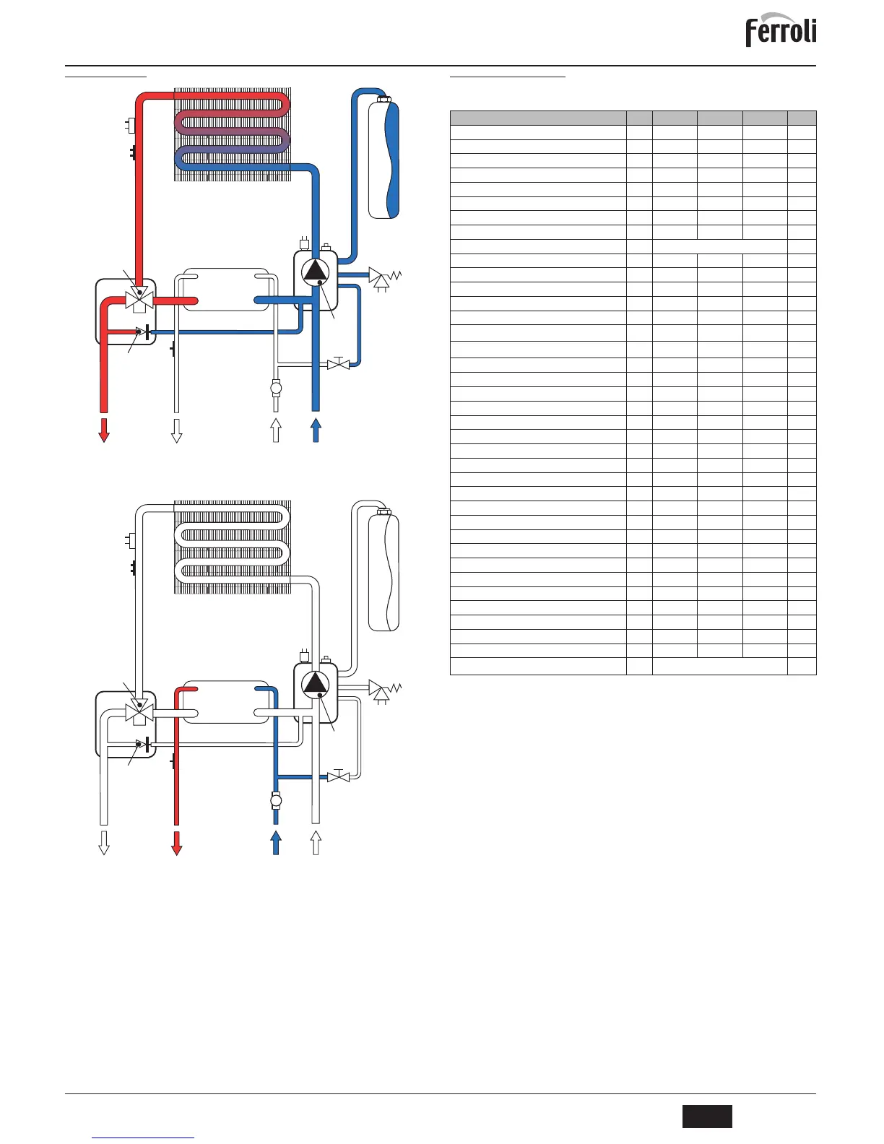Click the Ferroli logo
coord(781,31)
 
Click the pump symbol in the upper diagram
coord(316,270)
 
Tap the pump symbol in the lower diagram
coord(316,683)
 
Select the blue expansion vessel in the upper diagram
coord(383,159)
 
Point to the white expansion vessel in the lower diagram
coord(383,571)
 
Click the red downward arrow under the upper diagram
coord(104,429)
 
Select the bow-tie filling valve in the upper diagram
coord(338,364)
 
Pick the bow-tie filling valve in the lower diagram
coord(338,777)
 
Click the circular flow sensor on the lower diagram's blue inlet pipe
coord(275,800)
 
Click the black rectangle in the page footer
coord(707,1116)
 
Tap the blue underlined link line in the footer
coord(144,1138)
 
